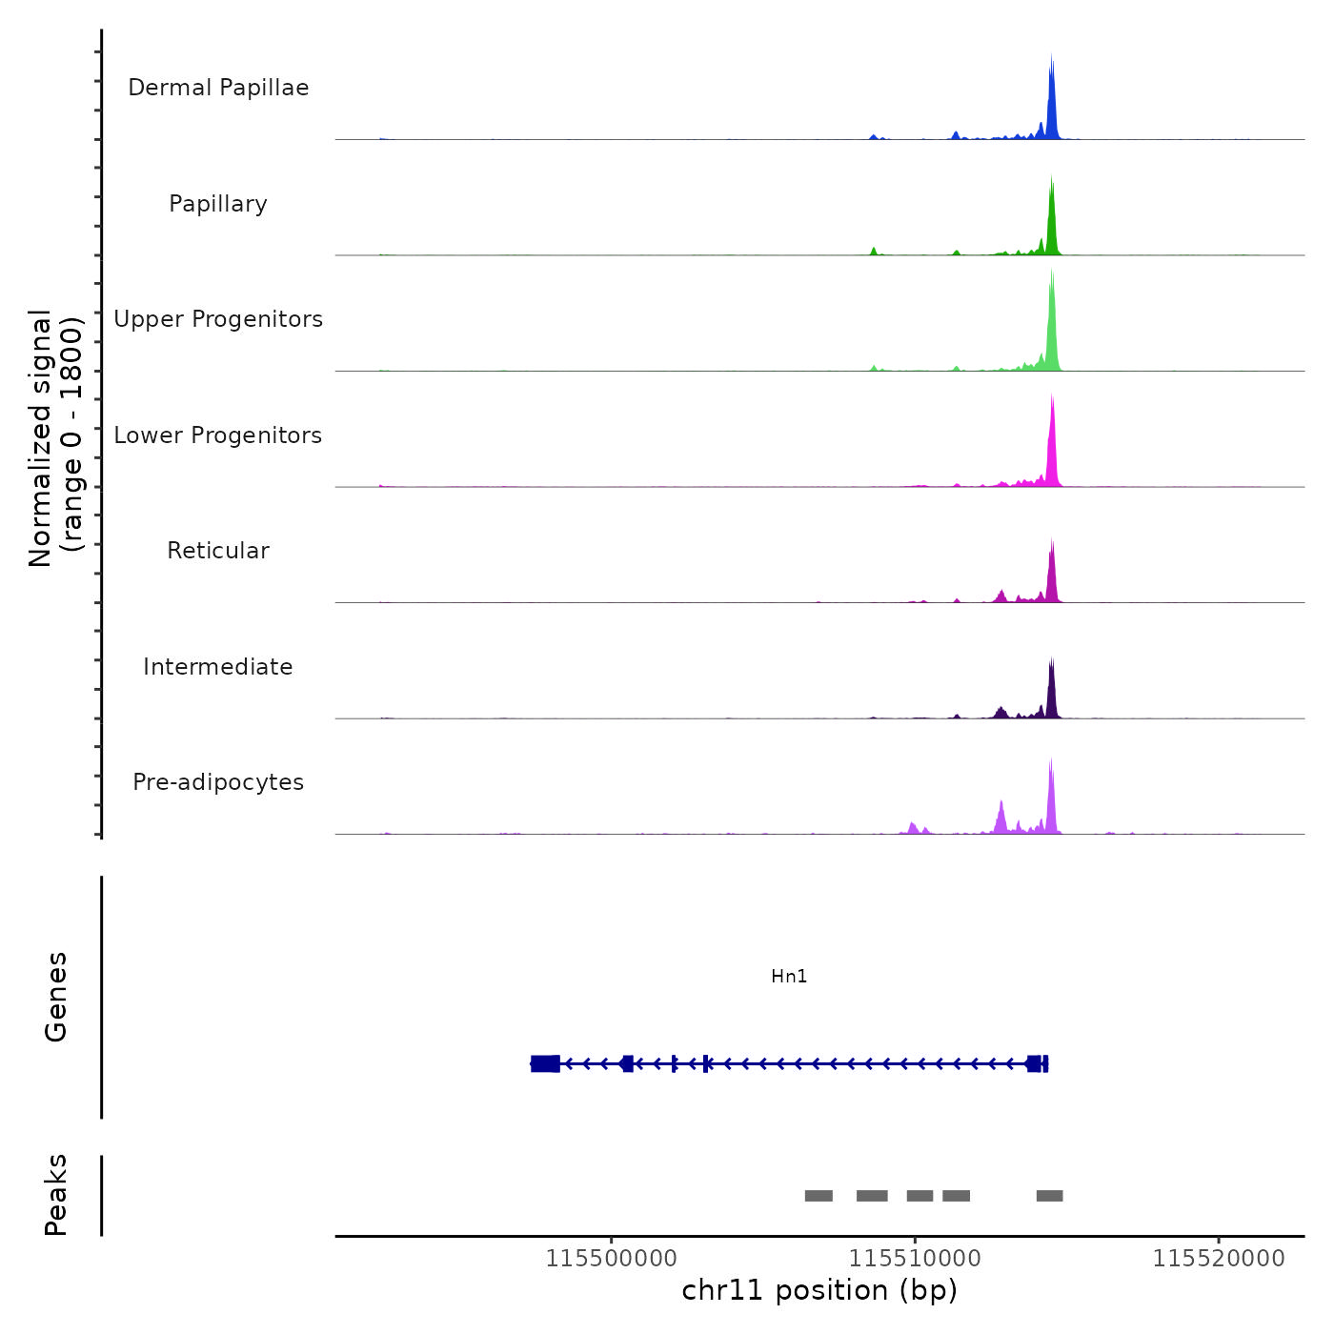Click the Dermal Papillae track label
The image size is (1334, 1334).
218,88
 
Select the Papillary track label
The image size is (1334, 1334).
218,204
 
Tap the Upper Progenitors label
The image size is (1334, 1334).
218,319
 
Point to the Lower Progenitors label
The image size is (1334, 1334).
218,435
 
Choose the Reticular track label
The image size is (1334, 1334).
218,551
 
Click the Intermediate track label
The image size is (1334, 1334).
218,667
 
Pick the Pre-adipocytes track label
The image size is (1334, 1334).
218,782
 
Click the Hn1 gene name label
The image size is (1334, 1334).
789,977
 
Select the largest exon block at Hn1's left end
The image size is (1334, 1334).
545,1063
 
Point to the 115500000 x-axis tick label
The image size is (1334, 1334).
611,1259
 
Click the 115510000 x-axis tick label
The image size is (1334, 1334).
915,1259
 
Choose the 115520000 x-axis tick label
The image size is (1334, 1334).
1219,1259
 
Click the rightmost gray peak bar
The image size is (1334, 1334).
1049,1196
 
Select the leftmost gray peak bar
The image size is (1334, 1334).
819,1196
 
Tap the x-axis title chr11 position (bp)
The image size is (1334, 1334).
819,1291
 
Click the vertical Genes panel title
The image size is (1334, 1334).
56,997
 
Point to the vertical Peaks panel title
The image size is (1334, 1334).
56,1195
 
